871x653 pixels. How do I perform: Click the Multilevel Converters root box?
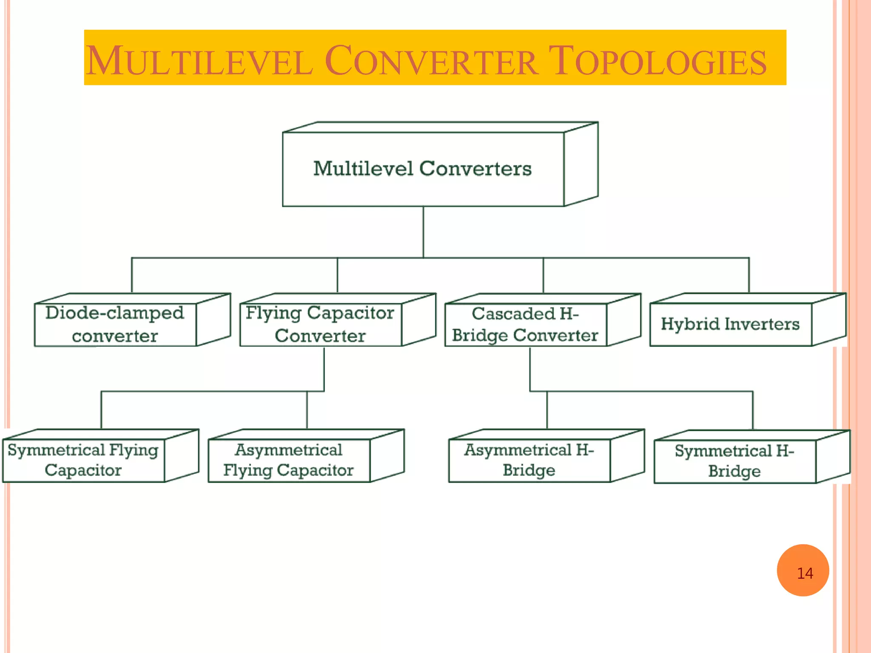click(423, 169)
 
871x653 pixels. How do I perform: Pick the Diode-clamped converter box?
click(115, 324)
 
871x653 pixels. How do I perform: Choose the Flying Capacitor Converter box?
click(320, 324)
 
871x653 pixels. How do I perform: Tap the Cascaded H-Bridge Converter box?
click(525, 324)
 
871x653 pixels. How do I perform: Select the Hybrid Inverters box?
click(730, 324)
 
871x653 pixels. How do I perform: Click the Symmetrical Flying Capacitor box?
click(83, 460)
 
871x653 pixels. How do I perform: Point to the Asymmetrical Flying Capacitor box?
click(289, 460)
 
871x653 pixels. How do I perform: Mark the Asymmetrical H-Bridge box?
click(529, 460)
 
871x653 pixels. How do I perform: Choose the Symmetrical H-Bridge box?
click(734, 461)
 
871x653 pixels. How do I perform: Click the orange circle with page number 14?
click(803, 571)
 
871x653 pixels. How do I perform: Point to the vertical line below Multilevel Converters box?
click(423, 232)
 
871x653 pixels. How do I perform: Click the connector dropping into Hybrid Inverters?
click(749, 275)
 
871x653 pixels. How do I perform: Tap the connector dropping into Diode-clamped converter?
click(132, 275)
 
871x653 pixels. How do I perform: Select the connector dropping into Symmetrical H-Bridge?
click(753, 410)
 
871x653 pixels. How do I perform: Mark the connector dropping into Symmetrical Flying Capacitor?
click(101, 410)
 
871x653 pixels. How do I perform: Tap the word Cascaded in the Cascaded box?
click(513, 314)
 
